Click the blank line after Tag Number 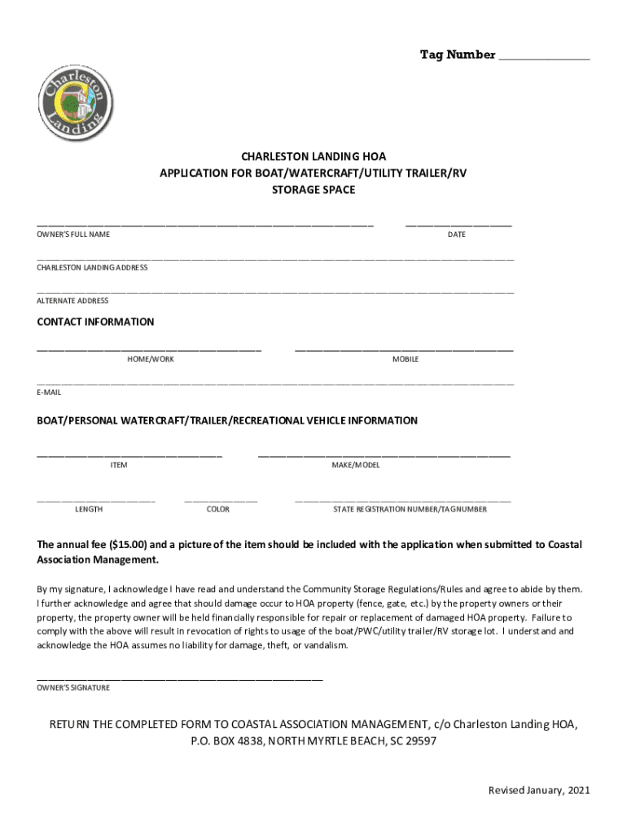543,58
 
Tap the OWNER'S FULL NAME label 73,235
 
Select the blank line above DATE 458,224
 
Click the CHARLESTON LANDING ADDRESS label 92,267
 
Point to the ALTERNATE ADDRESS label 72,301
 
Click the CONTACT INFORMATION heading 95,322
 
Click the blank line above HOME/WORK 149,349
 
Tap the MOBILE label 406,359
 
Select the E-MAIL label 49,392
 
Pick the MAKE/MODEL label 355,465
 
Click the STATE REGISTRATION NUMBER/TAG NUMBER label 410,509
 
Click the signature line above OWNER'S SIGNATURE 180,678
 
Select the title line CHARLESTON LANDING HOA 313,156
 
